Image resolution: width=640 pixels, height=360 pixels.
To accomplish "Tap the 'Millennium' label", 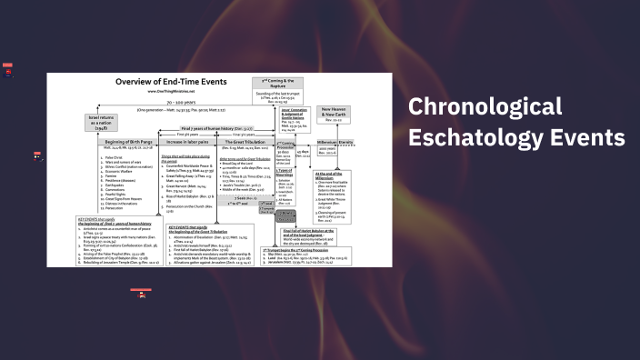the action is (325, 143).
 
